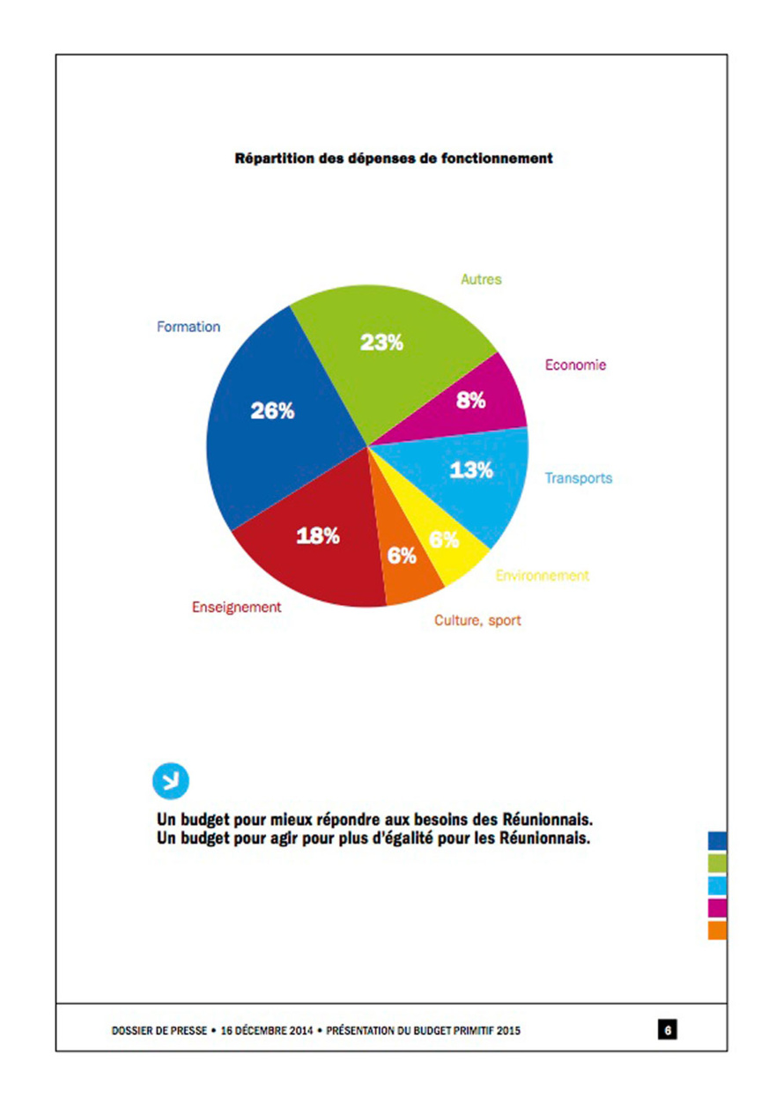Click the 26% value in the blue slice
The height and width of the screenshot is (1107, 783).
pyautogui.click(x=272, y=410)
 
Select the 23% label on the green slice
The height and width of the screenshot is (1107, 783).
pyautogui.click(x=381, y=343)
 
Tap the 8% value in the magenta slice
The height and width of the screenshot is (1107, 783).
pyautogui.click(x=471, y=400)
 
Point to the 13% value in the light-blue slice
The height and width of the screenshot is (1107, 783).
pyautogui.click(x=471, y=469)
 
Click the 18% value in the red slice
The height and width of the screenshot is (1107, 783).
pyautogui.click(x=317, y=535)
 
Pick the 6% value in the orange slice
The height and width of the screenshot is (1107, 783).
pyautogui.click(x=402, y=556)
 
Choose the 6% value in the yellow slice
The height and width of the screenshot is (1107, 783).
pyautogui.click(x=444, y=540)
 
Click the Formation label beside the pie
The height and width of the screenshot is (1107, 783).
pyautogui.click(x=188, y=327)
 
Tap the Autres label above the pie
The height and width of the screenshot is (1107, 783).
pyautogui.click(x=481, y=279)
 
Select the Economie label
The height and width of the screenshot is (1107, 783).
pyautogui.click(x=575, y=365)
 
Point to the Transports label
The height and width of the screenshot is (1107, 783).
pyautogui.click(x=578, y=478)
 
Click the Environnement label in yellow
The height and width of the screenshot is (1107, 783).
pyautogui.click(x=542, y=575)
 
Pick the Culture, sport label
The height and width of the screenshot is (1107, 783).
pyautogui.click(x=477, y=620)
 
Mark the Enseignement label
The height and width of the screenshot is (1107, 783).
pyautogui.click(x=237, y=607)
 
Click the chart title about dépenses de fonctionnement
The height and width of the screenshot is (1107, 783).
pyautogui.click(x=393, y=159)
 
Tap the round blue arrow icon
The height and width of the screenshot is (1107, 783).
pyautogui.click(x=171, y=779)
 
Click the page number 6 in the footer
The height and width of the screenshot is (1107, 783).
pyautogui.click(x=669, y=1029)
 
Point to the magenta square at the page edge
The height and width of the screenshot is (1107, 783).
pyautogui.click(x=717, y=906)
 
